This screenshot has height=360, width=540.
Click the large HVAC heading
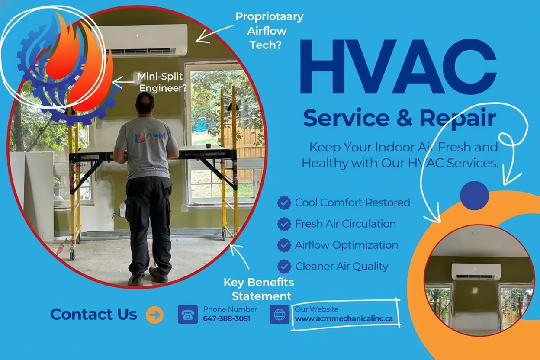pyautogui.click(x=398, y=66)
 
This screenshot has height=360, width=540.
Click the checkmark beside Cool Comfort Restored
pyautogui.click(x=284, y=202)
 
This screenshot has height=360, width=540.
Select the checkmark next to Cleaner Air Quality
pyautogui.click(x=284, y=266)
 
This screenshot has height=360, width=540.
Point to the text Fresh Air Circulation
pyautogui.click(x=345, y=224)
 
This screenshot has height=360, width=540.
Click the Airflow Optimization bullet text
pyautogui.click(x=347, y=245)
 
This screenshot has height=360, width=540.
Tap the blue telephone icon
pyautogui.click(x=188, y=314)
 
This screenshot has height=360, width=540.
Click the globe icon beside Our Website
pyautogui.click(x=280, y=314)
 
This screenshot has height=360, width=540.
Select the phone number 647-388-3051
pyautogui.click(x=227, y=318)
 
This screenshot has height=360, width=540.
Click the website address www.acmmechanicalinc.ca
pyautogui.click(x=344, y=318)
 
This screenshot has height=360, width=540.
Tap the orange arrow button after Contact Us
pyautogui.click(x=155, y=315)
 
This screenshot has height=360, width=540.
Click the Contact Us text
pyautogui.click(x=94, y=314)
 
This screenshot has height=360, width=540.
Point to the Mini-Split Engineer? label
pyautogui.click(x=162, y=82)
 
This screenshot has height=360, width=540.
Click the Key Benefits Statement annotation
pyautogui.click(x=259, y=289)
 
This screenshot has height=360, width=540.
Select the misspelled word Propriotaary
pyautogui.click(x=269, y=17)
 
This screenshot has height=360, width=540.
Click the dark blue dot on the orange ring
pyautogui.click(x=474, y=196)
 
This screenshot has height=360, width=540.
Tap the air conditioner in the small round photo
pyautogui.click(x=476, y=272)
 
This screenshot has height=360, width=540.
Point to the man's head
pyautogui.click(x=145, y=103)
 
